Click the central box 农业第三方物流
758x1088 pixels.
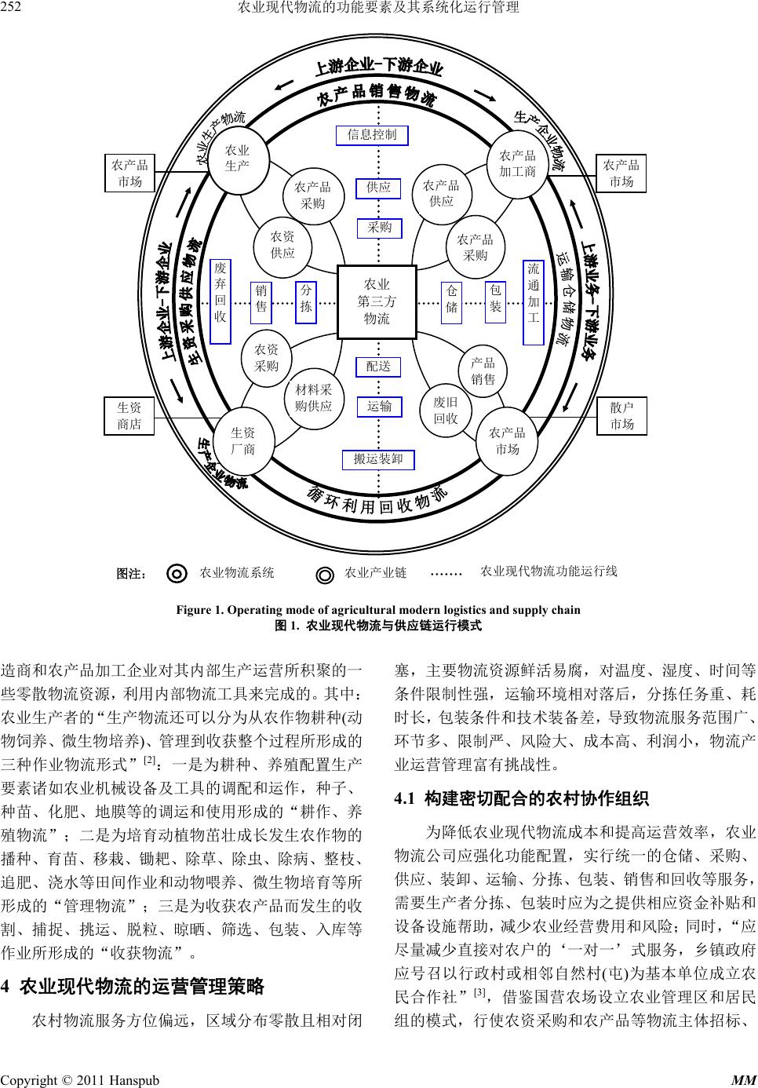tap(377, 301)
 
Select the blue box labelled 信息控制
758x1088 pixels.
tap(372, 135)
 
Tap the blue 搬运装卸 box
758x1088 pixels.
tap(377, 459)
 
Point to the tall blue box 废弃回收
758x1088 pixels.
tap(220, 301)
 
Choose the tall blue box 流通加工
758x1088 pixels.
tap(533, 301)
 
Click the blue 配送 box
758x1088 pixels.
tap(378, 367)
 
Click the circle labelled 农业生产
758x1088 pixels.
tap(237, 159)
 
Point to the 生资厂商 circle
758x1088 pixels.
tap(242, 440)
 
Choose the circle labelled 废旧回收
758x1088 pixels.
tap(446, 409)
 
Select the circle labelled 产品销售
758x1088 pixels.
tap(483, 371)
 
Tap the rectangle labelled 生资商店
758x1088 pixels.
tap(129, 416)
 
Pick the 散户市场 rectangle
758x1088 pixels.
tap(621, 416)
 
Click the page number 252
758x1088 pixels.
tap(10, 9)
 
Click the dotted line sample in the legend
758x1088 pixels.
tap(448, 573)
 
